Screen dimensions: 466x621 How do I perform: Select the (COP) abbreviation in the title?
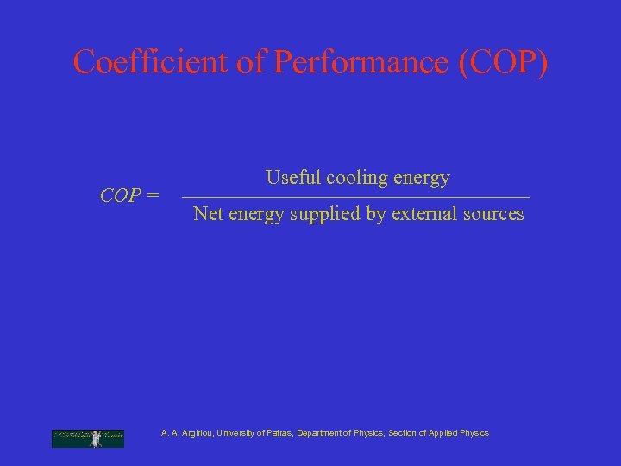(x=504, y=62)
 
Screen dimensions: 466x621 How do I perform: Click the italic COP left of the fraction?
(x=120, y=196)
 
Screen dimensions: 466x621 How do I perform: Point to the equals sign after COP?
(x=153, y=196)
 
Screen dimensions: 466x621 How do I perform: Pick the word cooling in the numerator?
(x=356, y=179)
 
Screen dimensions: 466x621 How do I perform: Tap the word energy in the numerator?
(x=421, y=179)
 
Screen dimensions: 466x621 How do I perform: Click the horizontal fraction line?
(x=356, y=198)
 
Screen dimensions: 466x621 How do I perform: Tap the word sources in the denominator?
(x=492, y=213)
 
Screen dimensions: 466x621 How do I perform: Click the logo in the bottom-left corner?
(x=88, y=438)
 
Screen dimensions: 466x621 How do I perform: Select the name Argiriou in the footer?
(x=196, y=433)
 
